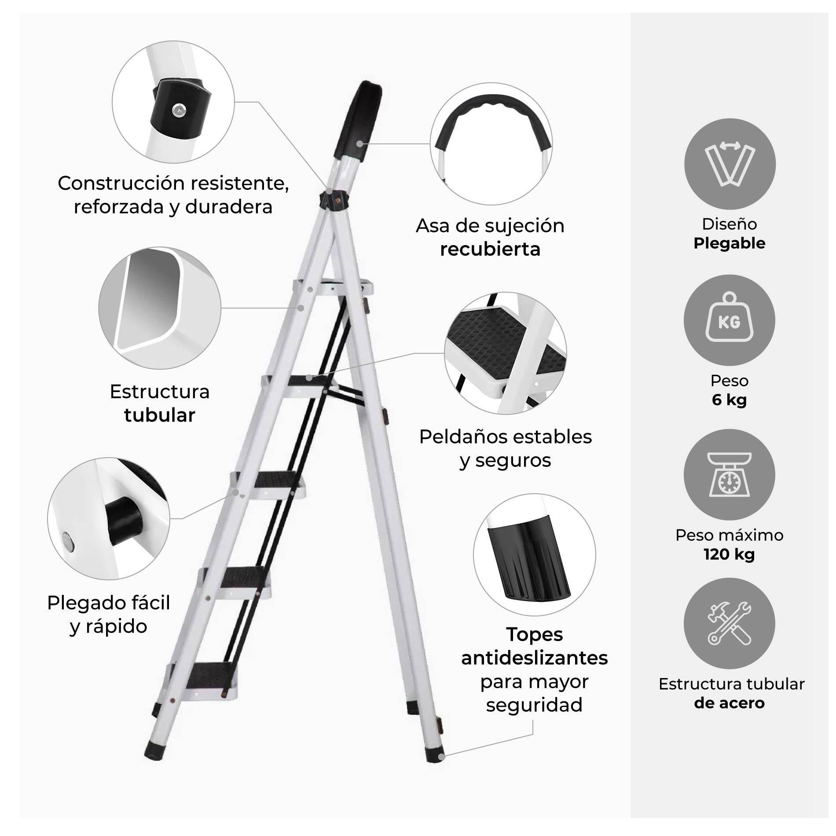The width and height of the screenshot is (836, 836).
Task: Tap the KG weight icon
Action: (x=730, y=320)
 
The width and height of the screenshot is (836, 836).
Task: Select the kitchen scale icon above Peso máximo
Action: (x=730, y=475)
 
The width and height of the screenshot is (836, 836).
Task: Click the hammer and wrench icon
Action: (x=730, y=623)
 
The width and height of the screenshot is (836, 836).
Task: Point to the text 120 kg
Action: (x=729, y=554)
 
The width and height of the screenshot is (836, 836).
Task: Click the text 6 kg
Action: (x=729, y=400)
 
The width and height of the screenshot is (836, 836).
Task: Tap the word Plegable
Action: (x=729, y=243)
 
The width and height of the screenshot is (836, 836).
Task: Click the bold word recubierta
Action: (x=490, y=249)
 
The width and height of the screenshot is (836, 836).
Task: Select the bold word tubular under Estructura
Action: (x=160, y=415)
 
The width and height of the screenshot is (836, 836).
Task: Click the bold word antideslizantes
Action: (x=534, y=658)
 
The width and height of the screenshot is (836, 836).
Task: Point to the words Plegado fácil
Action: (x=109, y=603)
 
